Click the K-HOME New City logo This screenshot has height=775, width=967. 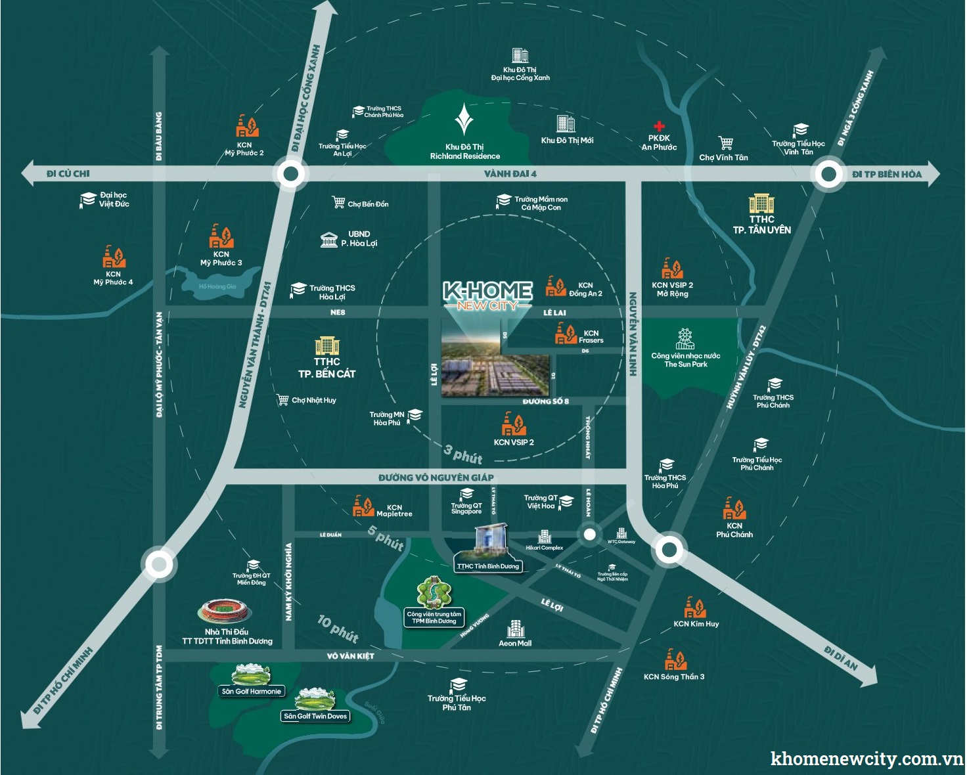coord(487,295)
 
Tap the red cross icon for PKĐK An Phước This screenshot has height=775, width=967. coord(659,126)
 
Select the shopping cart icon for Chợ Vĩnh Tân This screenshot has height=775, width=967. coord(725,143)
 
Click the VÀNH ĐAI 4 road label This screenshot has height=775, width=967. coord(510,174)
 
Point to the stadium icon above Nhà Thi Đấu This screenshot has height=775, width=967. coord(225,611)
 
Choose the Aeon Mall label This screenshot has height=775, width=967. coord(515,644)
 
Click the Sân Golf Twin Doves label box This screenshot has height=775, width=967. coord(315,717)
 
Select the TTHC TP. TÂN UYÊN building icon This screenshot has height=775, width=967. coord(761,204)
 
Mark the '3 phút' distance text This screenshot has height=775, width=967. coord(463,454)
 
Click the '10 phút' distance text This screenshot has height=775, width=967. coord(338,629)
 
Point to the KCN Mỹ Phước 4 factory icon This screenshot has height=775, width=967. coord(114,257)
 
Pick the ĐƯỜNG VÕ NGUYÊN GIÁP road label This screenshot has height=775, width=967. coord(436,477)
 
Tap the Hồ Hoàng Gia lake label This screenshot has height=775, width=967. coord(217,287)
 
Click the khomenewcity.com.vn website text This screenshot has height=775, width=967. coord(866,759)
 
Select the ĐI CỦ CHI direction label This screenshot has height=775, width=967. coord(68,174)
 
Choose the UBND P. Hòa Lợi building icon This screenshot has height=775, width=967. coord(328,239)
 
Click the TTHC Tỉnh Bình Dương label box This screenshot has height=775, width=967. coord(487,566)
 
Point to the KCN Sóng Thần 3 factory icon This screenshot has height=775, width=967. coord(675,659)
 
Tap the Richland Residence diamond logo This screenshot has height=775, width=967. coord(464,120)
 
